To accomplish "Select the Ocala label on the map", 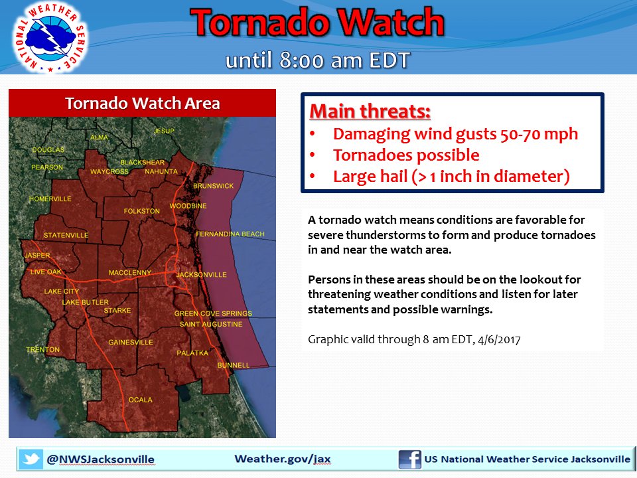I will tap(140, 400).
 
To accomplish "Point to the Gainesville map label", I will tap(131, 342).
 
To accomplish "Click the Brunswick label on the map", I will tap(213, 186).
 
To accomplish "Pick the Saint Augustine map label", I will tap(211, 324).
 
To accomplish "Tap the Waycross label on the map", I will tap(109, 171).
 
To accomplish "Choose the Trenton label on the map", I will tap(42, 349).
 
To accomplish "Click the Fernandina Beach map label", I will tap(230, 234).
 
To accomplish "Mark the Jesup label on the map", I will tap(164, 131).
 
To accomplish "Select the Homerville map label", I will tap(50, 199).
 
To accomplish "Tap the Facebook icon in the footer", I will tap(409, 459).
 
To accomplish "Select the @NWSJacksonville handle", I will tap(100, 459).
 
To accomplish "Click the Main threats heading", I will tap(370, 110).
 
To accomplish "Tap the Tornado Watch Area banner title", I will tap(142, 104).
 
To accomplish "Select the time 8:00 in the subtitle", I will tap(299, 60).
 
